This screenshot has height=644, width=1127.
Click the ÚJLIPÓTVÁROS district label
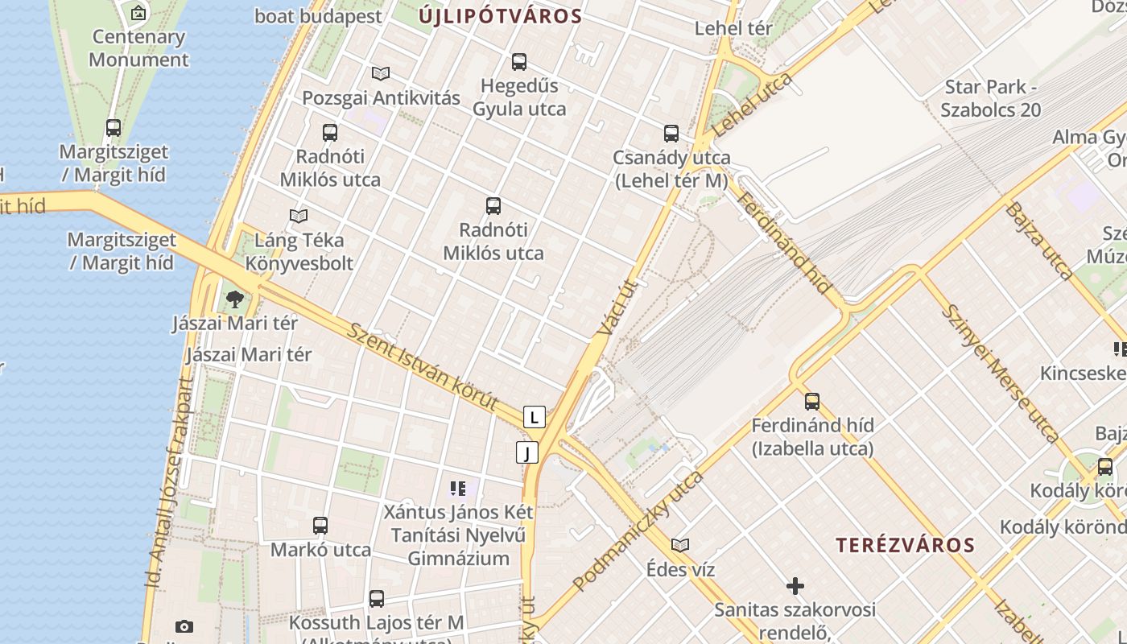pyautogui.click(x=500, y=16)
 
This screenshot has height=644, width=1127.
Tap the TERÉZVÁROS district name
pyautogui.click(x=905, y=545)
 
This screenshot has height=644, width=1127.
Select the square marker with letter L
pyautogui.click(x=535, y=417)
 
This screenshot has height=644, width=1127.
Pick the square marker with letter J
pyautogui.click(x=527, y=452)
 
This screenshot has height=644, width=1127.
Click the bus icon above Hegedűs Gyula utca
pyautogui.click(x=519, y=62)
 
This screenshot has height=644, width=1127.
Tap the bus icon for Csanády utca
pyautogui.click(x=671, y=134)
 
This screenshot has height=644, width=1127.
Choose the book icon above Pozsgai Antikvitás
pyautogui.click(x=381, y=74)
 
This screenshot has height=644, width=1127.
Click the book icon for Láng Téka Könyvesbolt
pyautogui.click(x=299, y=216)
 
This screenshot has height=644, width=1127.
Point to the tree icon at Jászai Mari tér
pyautogui.click(x=235, y=300)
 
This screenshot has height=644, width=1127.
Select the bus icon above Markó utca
pyautogui.click(x=320, y=526)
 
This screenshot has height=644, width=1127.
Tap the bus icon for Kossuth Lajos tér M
pyautogui.click(x=377, y=599)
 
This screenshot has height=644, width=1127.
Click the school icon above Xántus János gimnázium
pyautogui.click(x=458, y=488)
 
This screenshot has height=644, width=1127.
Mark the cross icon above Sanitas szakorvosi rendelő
pyautogui.click(x=795, y=586)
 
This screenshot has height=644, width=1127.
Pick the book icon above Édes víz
pyautogui.click(x=680, y=546)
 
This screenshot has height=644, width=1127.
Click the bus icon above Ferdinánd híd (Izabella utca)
pyautogui.click(x=812, y=401)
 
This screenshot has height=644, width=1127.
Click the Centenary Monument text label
pyautogui.click(x=138, y=48)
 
